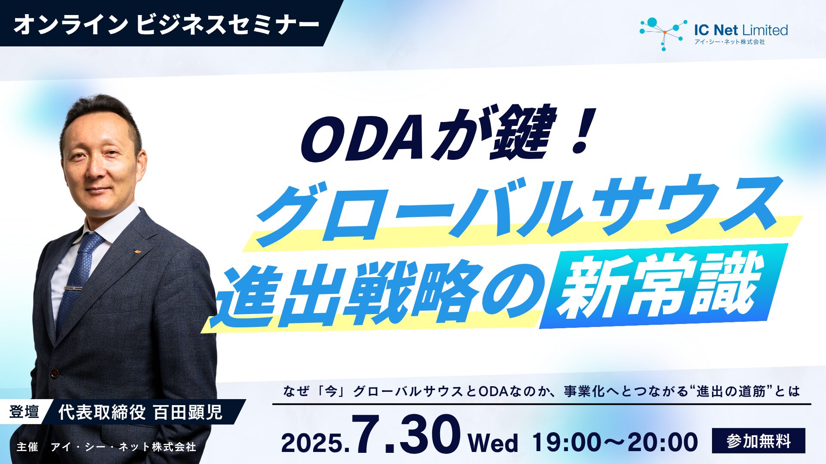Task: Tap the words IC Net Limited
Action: tap(741, 30)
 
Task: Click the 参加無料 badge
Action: tap(758, 441)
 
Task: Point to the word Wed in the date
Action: tap(493, 443)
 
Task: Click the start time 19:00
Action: tap(568, 442)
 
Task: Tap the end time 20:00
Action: tap(663, 442)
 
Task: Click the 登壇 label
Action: tap(24, 412)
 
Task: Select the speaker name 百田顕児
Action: tap(188, 412)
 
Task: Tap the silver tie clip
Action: tap(73, 287)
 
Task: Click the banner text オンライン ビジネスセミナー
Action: tap(166, 24)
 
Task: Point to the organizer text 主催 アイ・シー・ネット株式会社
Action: tap(106, 447)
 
